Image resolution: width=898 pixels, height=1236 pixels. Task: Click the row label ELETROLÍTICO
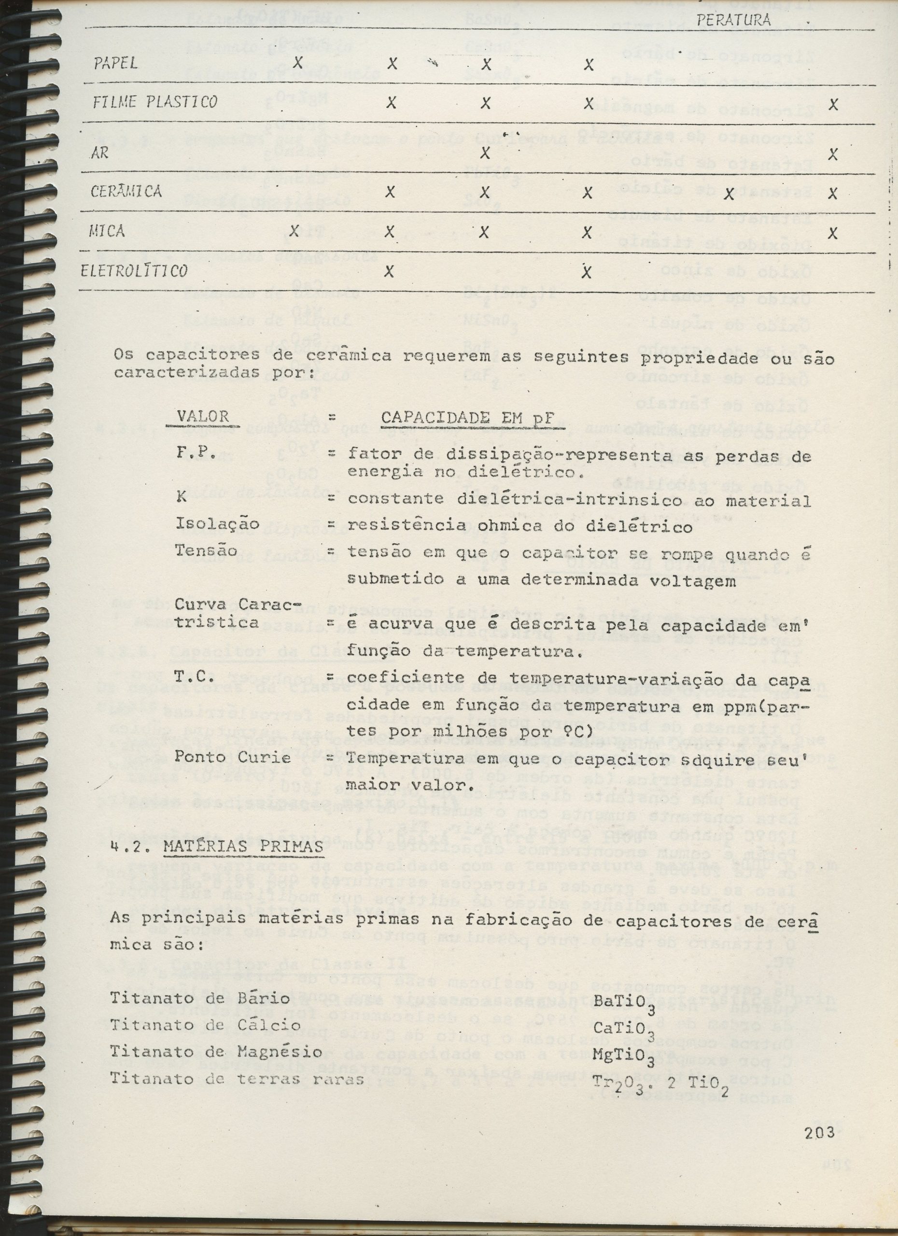134,271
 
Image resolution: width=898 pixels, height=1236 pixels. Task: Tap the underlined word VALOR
202,417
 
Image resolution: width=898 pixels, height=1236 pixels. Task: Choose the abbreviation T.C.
189,677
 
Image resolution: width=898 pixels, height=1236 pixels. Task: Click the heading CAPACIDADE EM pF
467,417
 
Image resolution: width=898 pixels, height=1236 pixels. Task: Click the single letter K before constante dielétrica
181,499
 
